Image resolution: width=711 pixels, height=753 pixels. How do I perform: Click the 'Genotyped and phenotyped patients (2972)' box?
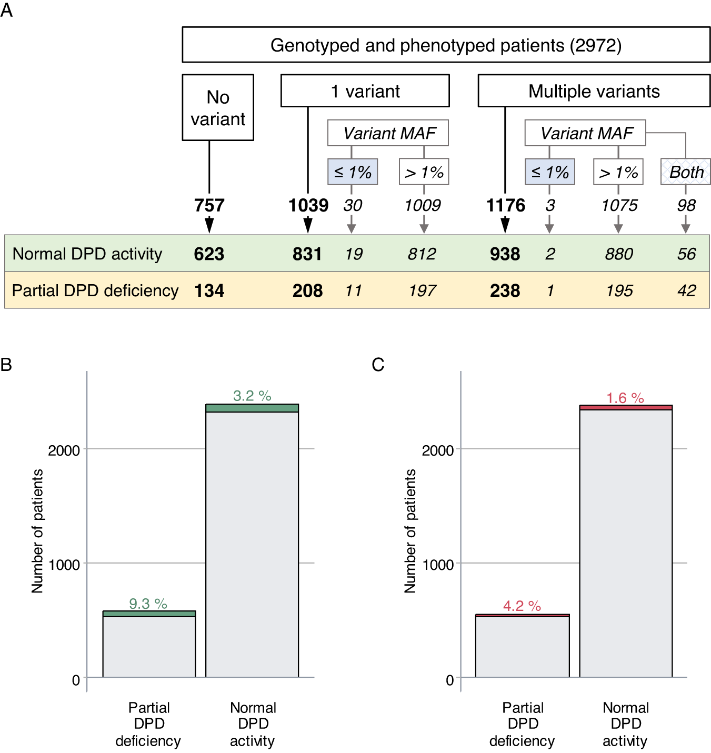point(446,45)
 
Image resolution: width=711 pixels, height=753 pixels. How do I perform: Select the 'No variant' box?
point(218,108)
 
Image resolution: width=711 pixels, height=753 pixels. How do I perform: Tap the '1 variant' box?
point(365,91)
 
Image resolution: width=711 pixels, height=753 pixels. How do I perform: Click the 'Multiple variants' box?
point(594,91)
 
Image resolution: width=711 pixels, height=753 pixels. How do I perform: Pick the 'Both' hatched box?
point(686,172)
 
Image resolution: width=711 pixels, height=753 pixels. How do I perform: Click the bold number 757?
point(209,205)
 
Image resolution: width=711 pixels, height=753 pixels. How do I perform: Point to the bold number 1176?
point(505,205)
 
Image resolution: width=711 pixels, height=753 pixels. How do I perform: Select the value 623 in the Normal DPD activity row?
point(209,254)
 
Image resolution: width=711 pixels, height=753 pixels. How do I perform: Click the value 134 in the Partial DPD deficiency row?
point(209,290)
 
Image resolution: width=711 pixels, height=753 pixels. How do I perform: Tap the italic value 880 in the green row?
point(619,254)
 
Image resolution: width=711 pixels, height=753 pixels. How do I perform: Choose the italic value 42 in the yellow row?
point(686,290)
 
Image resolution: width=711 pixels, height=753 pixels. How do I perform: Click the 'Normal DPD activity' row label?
point(87,254)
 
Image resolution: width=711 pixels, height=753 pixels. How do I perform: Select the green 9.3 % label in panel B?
point(148,604)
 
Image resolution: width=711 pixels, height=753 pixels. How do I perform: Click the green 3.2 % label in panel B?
point(252,396)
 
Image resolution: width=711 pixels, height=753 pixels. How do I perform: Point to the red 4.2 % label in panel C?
point(522,606)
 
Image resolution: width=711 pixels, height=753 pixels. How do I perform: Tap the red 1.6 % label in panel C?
point(625,398)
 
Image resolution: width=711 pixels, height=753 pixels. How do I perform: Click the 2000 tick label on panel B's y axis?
point(64,450)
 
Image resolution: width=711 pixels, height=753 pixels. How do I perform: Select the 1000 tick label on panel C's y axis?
point(437,565)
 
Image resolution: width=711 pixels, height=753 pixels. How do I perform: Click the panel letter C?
point(378,365)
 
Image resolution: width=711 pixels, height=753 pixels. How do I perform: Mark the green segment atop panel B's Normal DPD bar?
point(252,408)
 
